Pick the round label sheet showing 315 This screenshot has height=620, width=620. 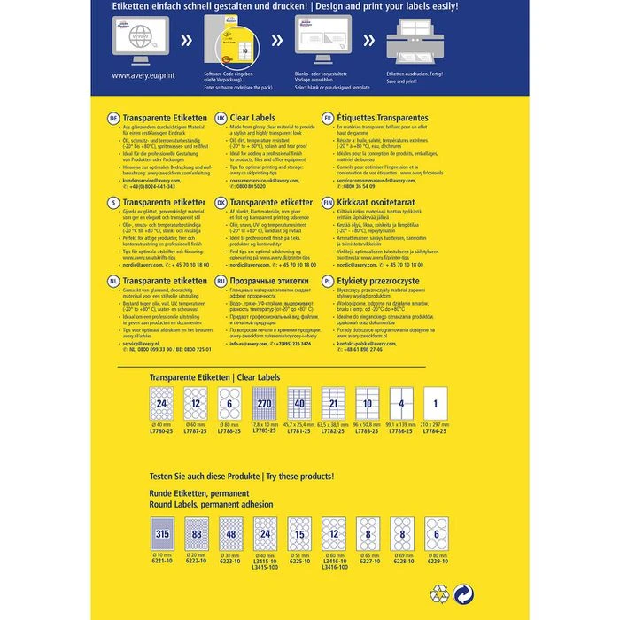162,535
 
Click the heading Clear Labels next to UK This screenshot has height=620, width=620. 252,118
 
